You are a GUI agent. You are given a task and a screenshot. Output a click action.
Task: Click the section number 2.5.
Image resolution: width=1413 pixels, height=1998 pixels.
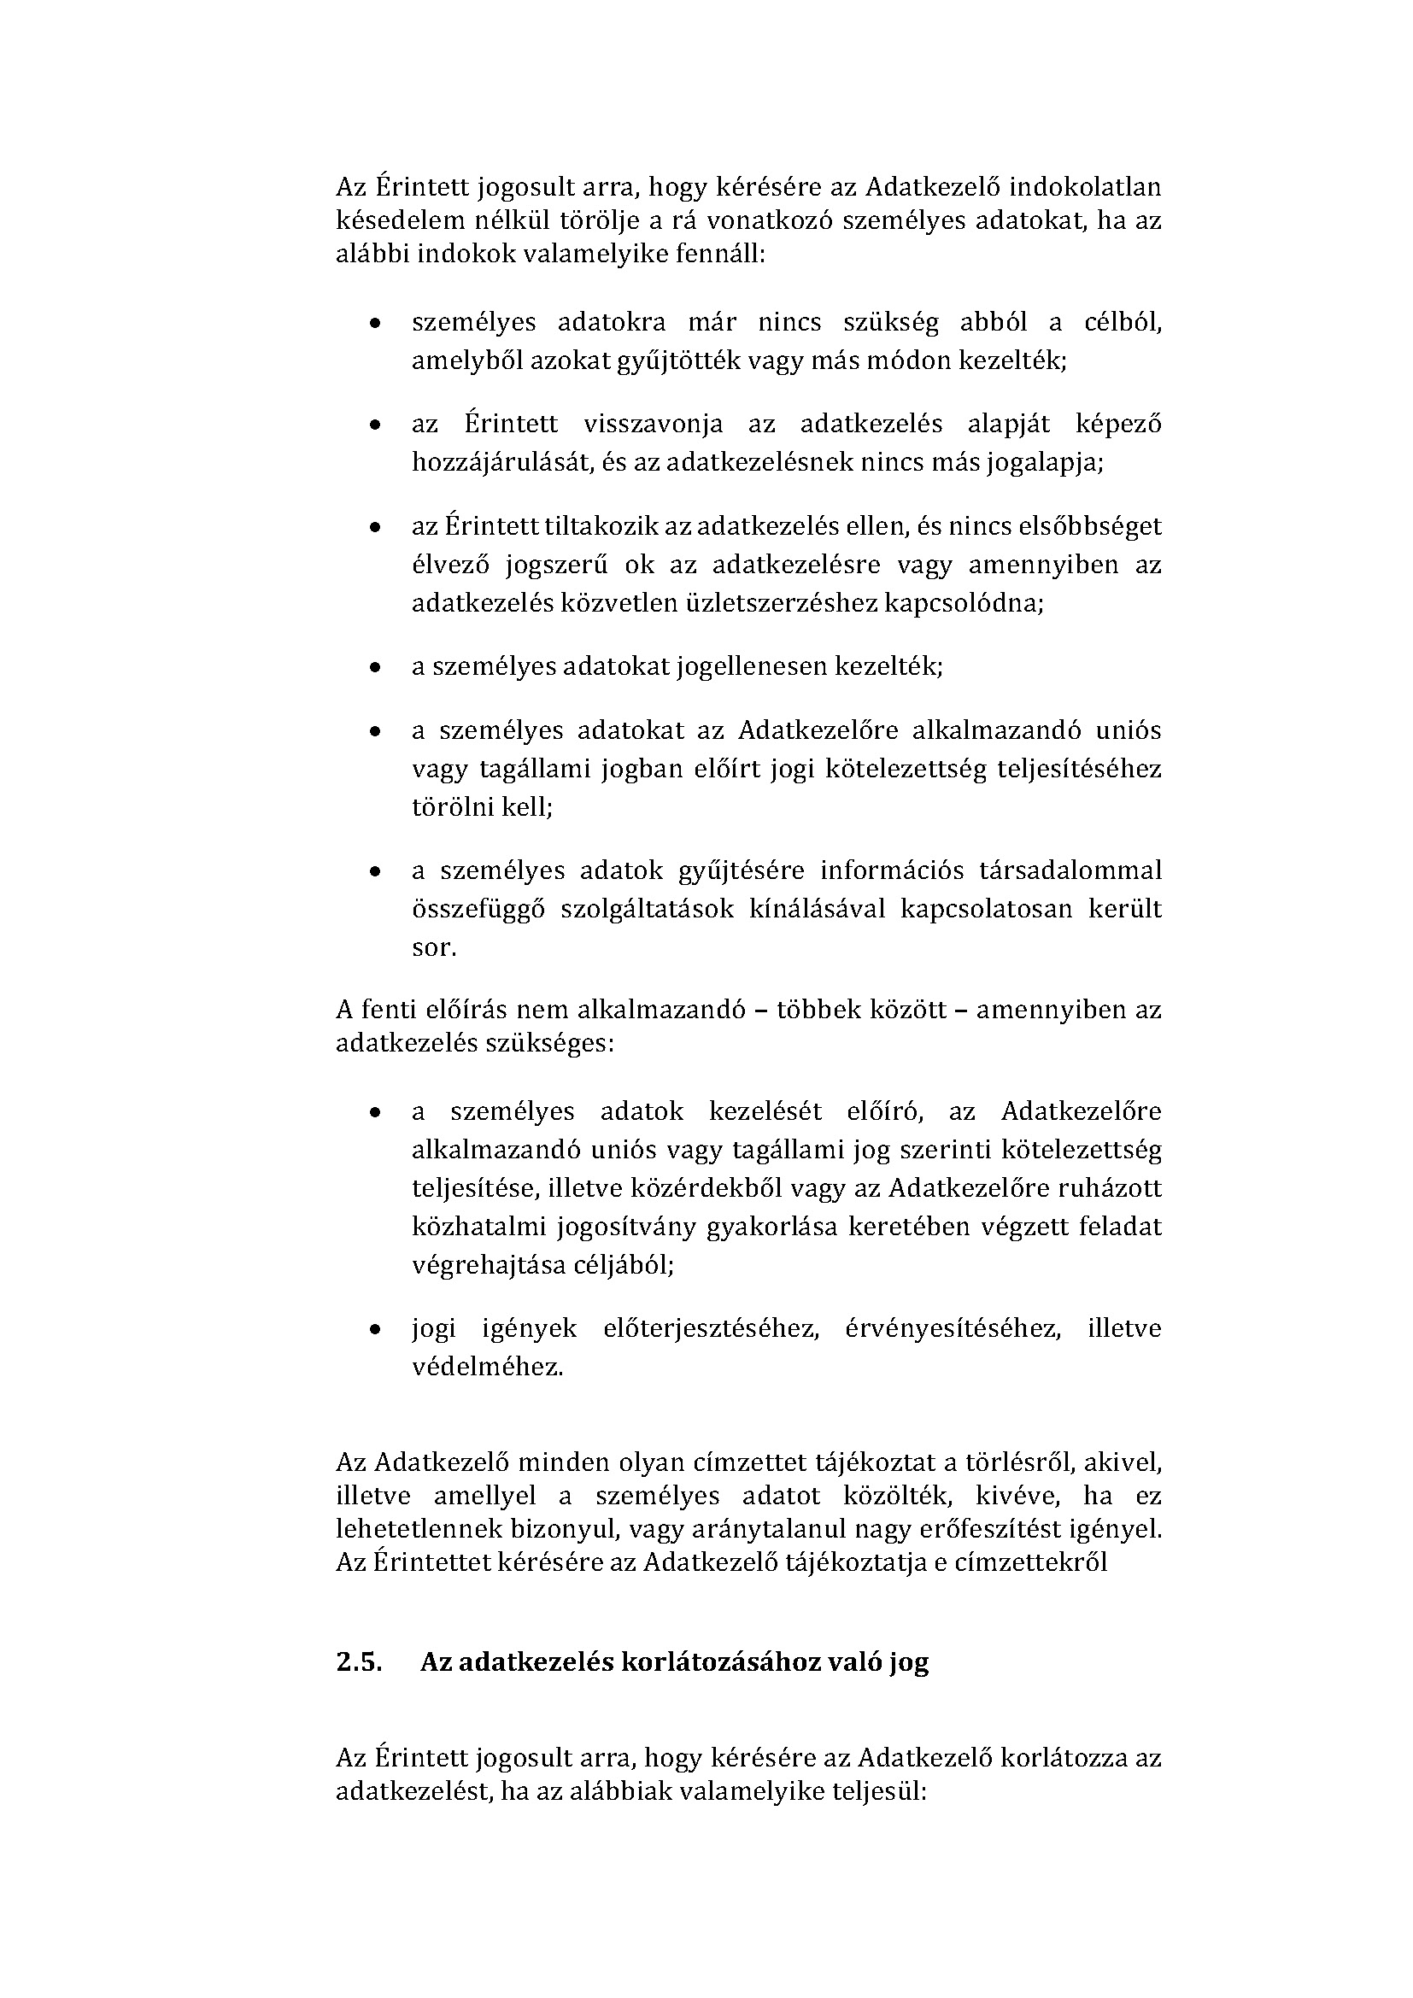point(359,1662)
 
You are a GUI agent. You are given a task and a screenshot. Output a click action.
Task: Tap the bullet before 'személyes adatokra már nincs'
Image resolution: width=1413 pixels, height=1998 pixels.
point(374,324)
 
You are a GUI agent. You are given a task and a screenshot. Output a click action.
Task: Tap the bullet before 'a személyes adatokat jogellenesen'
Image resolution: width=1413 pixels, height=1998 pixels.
point(374,668)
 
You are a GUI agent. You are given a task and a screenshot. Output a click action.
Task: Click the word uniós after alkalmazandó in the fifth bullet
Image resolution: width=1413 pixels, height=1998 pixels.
point(1130,730)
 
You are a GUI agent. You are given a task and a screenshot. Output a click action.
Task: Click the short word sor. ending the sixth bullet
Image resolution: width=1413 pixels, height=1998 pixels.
point(433,947)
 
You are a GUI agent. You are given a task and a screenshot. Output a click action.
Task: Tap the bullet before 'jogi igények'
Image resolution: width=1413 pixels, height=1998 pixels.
point(374,1330)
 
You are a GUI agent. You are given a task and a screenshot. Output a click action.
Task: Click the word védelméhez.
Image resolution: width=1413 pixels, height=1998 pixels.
point(487,1366)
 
